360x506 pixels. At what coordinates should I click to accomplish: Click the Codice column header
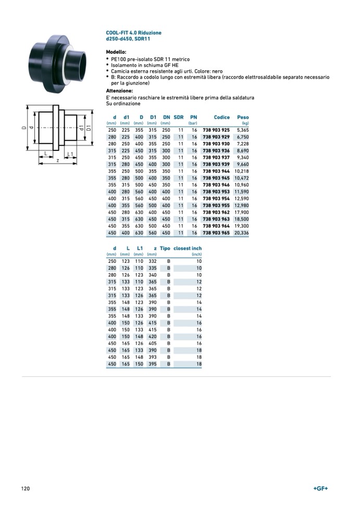click(x=221, y=118)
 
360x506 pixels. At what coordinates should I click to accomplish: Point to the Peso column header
click(x=243, y=118)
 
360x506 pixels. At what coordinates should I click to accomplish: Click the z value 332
click(x=152, y=261)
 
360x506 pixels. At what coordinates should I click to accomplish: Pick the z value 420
click(x=152, y=337)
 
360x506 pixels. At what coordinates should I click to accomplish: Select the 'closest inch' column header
click(x=188, y=249)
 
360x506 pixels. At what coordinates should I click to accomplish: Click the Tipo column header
click(x=165, y=249)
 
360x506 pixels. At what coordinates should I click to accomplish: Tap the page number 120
click(x=26, y=488)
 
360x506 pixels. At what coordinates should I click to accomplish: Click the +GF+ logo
click(x=320, y=488)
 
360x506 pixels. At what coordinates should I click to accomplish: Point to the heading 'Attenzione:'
click(x=119, y=91)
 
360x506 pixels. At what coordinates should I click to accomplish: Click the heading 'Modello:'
click(x=116, y=53)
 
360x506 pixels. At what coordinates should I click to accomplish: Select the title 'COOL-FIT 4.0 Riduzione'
click(x=134, y=33)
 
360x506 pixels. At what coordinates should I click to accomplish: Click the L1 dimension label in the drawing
click(x=70, y=154)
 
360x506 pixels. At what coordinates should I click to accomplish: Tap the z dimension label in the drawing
click(x=57, y=161)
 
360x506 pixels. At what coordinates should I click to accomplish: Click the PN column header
click(x=193, y=118)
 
